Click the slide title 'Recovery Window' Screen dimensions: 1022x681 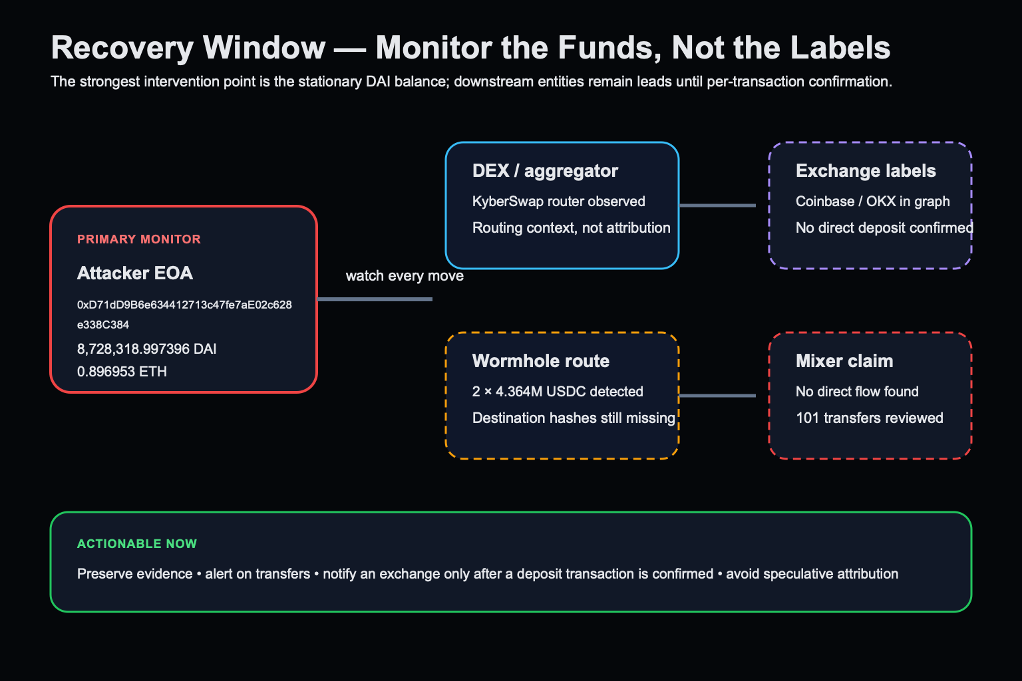(x=188, y=48)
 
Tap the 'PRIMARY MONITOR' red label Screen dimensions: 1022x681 (x=138, y=239)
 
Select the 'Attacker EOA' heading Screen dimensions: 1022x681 (x=135, y=273)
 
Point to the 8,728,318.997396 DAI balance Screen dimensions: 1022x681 (x=146, y=349)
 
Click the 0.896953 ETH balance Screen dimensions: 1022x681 (x=122, y=371)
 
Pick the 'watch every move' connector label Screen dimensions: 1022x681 (x=405, y=276)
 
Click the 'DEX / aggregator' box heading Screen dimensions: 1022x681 (x=545, y=171)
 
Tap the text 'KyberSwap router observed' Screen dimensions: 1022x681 (x=558, y=201)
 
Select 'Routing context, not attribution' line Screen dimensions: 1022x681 (x=572, y=227)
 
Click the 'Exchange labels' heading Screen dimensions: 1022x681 (x=866, y=171)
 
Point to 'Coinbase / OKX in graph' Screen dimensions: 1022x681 (x=872, y=201)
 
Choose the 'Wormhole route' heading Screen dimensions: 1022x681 (x=541, y=361)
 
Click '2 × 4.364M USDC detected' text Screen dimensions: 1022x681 (x=558, y=391)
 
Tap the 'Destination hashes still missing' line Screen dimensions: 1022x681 (x=574, y=418)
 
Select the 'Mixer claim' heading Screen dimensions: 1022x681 (x=844, y=361)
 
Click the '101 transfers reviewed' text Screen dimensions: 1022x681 (x=869, y=418)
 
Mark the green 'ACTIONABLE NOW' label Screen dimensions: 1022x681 (x=137, y=544)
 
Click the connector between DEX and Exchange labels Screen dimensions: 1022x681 (x=717, y=205)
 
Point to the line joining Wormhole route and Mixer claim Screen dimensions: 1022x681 (x=717, y=396)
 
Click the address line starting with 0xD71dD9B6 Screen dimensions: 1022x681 (x=184, y=305)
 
